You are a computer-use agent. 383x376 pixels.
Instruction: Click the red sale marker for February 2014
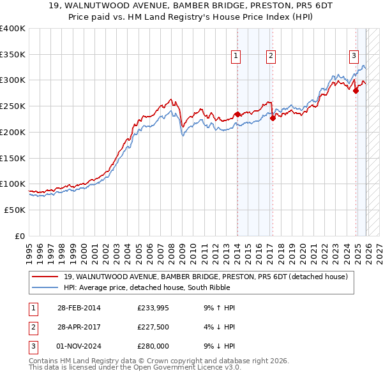[x=237, y=114]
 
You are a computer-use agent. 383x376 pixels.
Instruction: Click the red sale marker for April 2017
[x=273, y=117]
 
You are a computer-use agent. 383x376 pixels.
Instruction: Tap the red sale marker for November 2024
[x=356, y=90]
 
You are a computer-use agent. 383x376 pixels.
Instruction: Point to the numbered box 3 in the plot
[x=353, y=55]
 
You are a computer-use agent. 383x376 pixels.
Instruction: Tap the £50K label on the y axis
[x=15, y=210]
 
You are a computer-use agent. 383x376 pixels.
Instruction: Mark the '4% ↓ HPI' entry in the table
[x=220, y=327]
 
